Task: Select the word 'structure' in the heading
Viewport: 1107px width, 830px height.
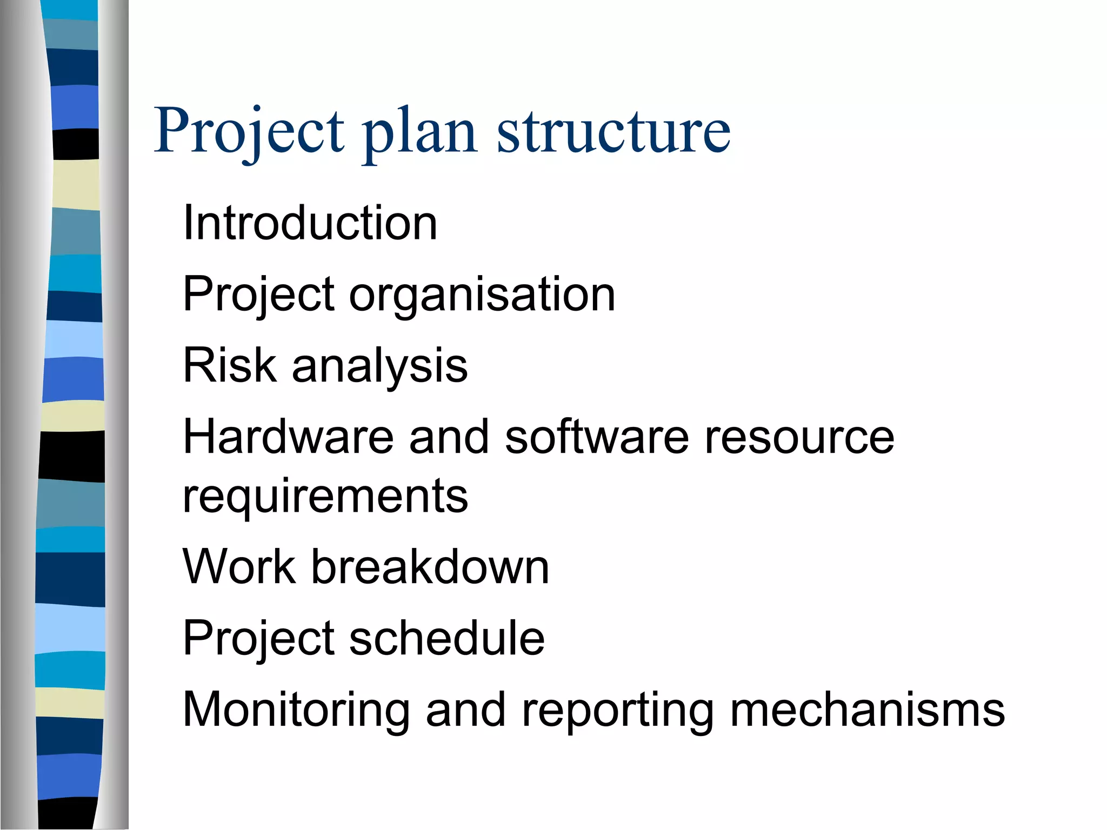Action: [613, 131]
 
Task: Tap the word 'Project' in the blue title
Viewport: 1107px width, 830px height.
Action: [249, 131]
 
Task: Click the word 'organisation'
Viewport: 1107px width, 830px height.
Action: [482, 295]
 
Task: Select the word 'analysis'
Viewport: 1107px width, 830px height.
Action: [379, 367]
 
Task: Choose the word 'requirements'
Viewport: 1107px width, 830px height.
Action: [325, 497]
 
